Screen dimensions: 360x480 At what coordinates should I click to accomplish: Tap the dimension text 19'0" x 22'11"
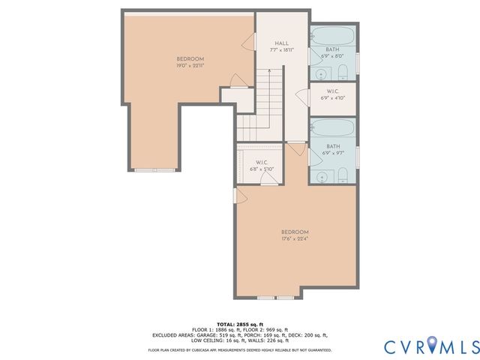[190, 65]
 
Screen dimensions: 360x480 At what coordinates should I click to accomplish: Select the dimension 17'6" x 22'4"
[295, 239]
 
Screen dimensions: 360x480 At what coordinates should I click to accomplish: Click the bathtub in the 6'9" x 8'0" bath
[333, 36]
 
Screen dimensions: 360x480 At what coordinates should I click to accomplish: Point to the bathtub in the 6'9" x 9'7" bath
[333, 127]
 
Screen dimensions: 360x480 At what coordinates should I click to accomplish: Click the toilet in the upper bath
[342, 72]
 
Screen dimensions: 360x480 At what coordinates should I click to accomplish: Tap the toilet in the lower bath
[342, 175]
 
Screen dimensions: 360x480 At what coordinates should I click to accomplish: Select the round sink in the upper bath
[320, 73]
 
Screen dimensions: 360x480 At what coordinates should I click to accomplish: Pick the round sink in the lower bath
[322, 177]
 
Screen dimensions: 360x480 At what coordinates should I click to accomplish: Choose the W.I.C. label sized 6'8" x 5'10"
[262, 166]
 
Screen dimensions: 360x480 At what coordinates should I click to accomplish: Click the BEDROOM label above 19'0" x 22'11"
[190, 58]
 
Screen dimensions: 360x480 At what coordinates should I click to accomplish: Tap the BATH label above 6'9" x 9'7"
[333, 147]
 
